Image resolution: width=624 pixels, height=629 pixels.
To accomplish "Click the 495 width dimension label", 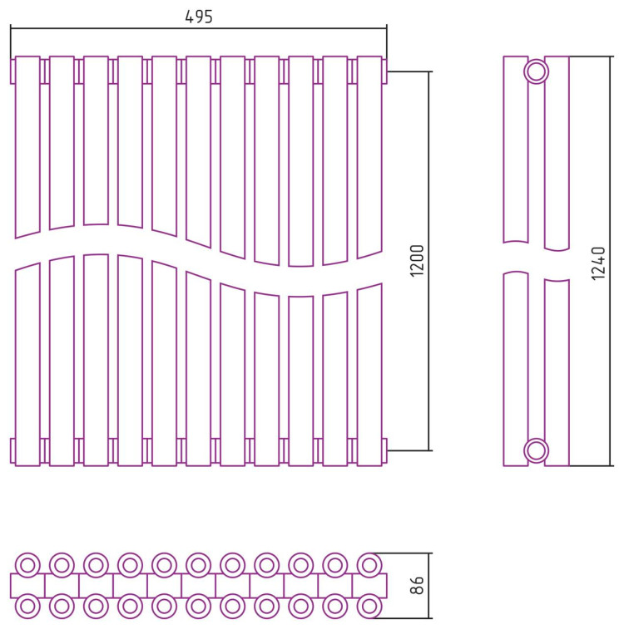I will [x=199, y=17].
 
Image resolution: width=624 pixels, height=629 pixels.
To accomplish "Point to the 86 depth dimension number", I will [x=418, y=586].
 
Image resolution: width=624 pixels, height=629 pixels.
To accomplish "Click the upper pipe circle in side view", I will [x=537, y=71].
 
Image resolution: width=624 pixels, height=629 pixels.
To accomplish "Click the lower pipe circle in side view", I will [x=537, y=451].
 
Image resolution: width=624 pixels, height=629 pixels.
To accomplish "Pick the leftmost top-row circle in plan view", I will [x=27, y=565].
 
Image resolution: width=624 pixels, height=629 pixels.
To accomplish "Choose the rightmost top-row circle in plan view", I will [x=369, y=565].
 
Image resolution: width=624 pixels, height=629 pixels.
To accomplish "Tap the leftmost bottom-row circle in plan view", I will [x=27, y=606].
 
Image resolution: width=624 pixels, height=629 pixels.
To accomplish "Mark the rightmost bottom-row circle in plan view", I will [x=369, y=606].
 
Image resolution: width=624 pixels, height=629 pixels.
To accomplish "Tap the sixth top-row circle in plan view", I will [x=198, y=565].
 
